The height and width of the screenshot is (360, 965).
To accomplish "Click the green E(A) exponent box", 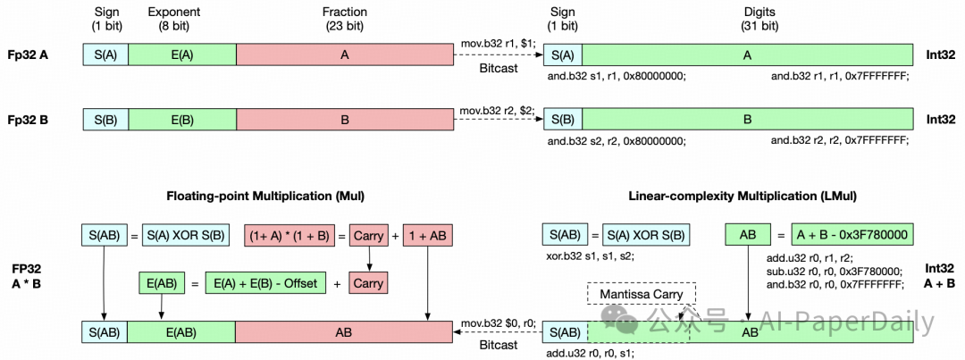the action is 183,54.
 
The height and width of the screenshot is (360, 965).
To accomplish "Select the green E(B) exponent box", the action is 183,119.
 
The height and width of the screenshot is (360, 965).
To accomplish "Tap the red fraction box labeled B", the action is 344,119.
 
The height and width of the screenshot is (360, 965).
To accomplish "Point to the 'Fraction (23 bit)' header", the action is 344,18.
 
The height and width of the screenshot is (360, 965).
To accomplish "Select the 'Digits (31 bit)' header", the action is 748,18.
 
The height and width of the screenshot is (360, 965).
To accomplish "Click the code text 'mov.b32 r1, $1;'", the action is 498,45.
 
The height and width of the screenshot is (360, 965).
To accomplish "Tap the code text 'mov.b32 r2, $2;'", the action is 498,110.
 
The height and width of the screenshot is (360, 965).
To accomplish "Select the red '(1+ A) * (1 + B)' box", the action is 288,235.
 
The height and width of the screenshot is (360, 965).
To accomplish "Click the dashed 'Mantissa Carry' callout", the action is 642,294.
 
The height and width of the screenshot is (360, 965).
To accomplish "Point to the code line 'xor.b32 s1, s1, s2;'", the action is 583,255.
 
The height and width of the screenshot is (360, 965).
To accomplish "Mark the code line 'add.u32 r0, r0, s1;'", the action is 591,353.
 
